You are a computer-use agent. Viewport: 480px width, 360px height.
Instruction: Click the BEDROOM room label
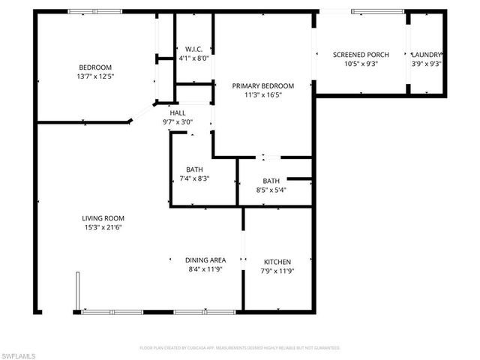pyautogui.click(x=94, y=67)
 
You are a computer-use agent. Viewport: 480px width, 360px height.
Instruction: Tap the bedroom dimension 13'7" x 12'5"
pyautogui.click(x=94, y=76)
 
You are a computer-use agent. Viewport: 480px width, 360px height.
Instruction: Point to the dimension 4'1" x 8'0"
pyautogui.click(x=193, y=58)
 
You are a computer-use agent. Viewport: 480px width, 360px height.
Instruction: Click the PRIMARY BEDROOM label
pyautogui.click(x=262, y=86)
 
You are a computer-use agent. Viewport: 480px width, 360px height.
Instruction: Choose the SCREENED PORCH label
pyautogui.click(x=360, y=55)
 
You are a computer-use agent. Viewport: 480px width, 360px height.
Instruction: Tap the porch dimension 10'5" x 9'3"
pyautogui.click(x=360, y=64)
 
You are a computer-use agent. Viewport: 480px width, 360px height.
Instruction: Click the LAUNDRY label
pyautogui.click(x=427, y=55)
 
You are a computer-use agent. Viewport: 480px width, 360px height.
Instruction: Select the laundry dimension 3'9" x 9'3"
pyautogui.click(x=427, y=64)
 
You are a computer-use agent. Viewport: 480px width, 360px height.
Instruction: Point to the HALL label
pyautogui.click(x=178, y=112)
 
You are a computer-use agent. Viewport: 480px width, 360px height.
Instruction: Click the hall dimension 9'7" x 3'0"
pyautogui.click(x=178, y=122)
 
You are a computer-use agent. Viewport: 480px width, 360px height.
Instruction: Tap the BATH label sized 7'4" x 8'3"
pyautogui.click(x=194, y=169)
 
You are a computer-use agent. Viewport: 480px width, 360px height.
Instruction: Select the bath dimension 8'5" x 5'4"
pyautogui.click(x=271, y=190)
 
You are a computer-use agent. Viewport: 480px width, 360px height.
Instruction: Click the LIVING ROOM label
pyautogui.click(x=102, y=218)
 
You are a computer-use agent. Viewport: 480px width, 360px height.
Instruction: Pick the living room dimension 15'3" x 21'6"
pyautogui.click(x=102, y=228)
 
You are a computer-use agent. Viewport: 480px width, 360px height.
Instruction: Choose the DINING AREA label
pyautogui.click(x=205, y=260)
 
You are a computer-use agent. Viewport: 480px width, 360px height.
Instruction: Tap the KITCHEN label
pyautogui.click(x=277, y=262)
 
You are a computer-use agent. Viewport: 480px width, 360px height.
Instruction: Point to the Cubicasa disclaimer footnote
pyautogui.click(x=240, y=348)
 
